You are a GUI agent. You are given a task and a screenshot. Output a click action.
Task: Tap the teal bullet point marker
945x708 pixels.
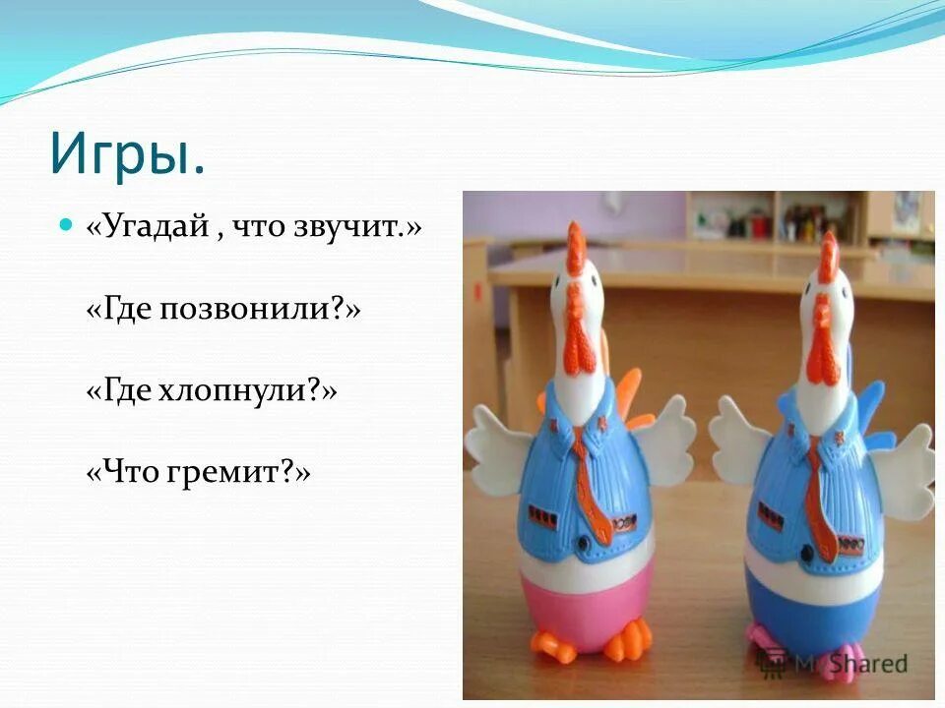pyautogui.click(x=66, y=225)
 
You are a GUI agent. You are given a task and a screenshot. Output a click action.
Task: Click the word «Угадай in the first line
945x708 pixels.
pyautogui.click(x=148, y=228)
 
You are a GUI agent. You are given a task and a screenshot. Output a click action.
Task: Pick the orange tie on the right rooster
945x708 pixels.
pyautogui.click(x=816, y=492)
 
